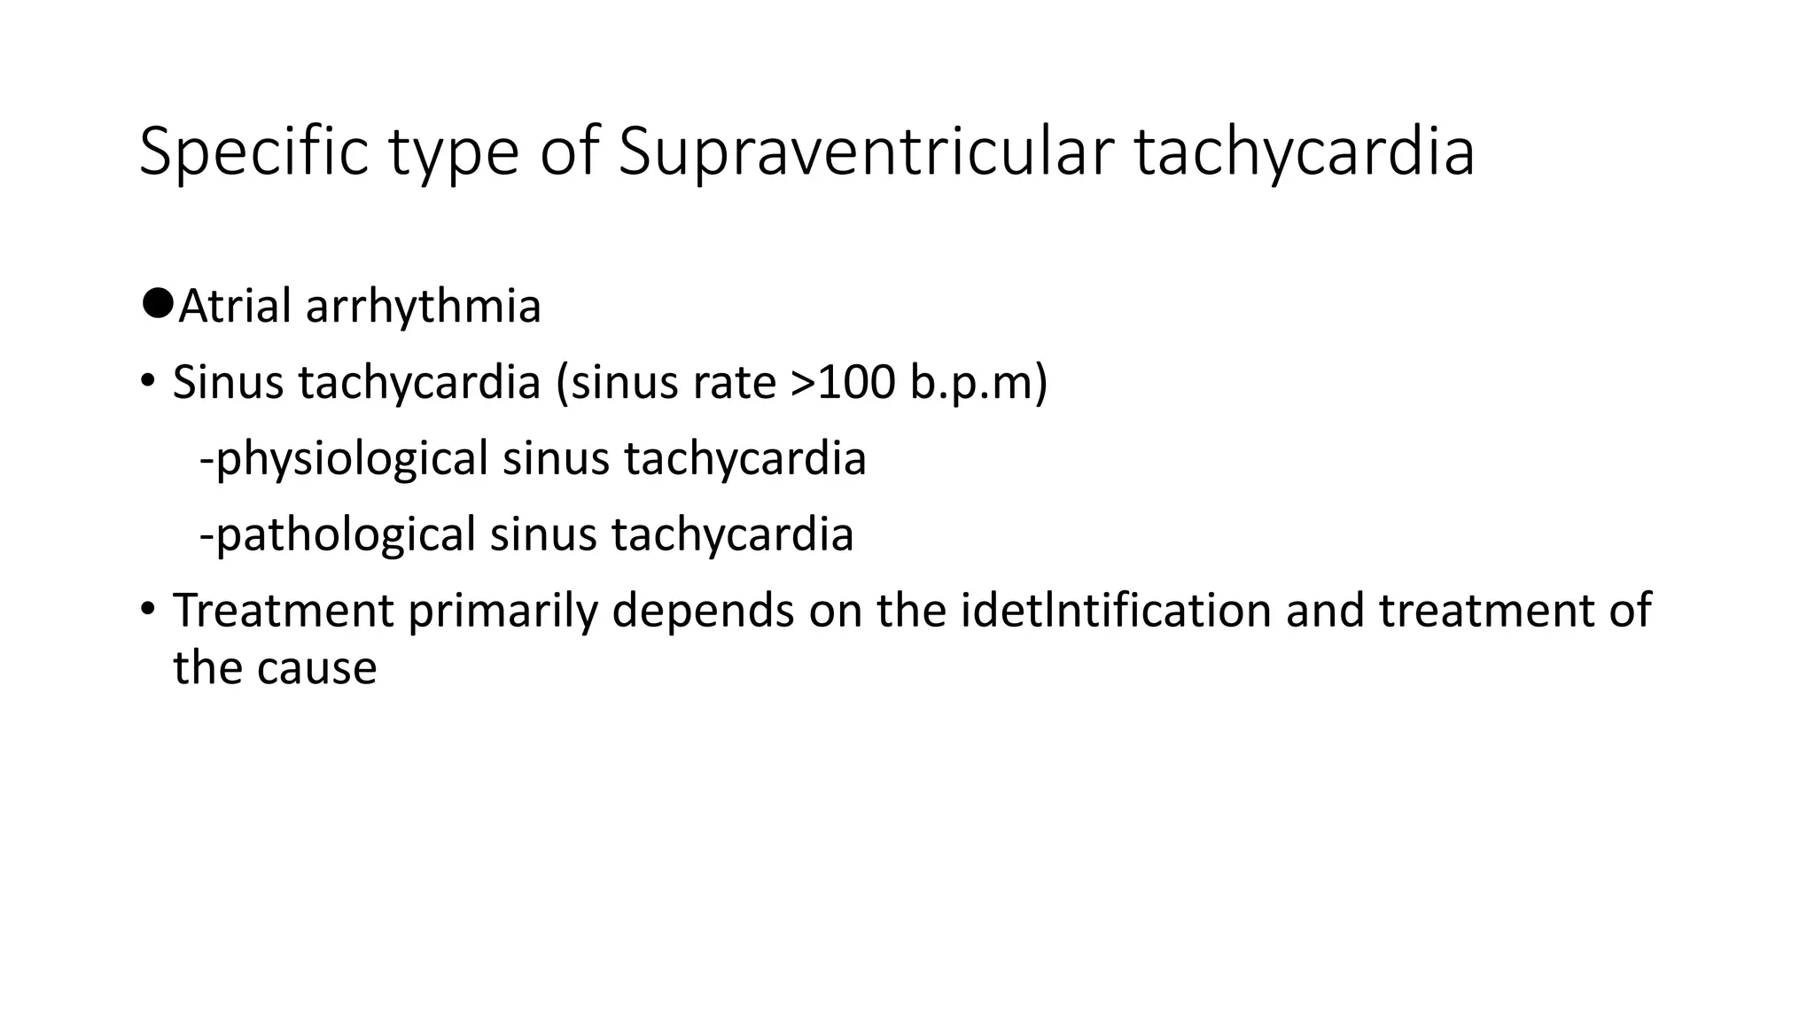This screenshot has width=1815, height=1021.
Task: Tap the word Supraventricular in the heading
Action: point(865,152)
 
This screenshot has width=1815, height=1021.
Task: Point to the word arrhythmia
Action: point(423,308)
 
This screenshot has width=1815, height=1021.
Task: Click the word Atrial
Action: point(235,307)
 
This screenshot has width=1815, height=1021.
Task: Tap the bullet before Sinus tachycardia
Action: point(147,382)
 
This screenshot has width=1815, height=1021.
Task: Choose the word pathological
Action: point(346,535)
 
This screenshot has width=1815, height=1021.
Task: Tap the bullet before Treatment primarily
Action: point(147,610)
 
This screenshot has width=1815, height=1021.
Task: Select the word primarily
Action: point(502,612)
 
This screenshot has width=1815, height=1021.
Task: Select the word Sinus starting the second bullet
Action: point(229,383)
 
